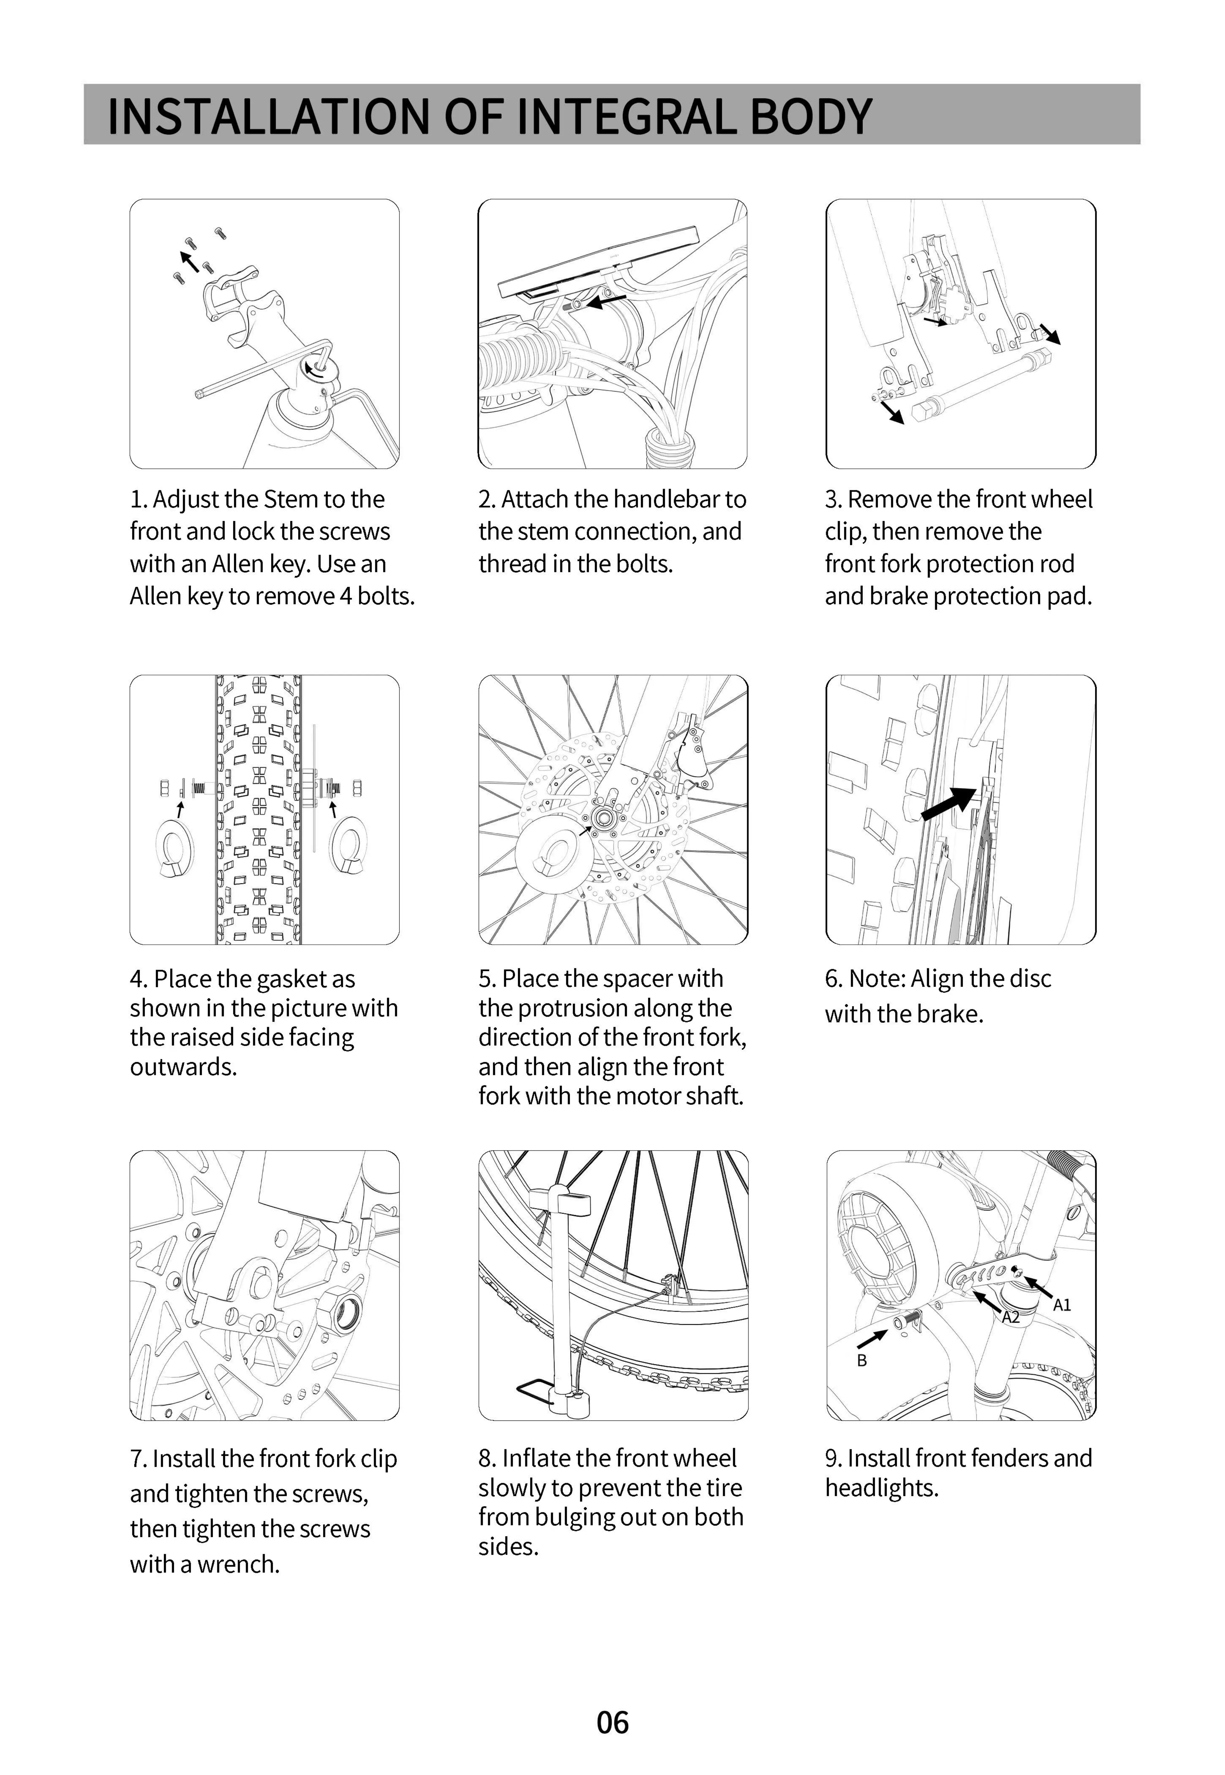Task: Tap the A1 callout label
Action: (x=1062, y=1304)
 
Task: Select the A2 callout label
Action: (x=1011, y=1317)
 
